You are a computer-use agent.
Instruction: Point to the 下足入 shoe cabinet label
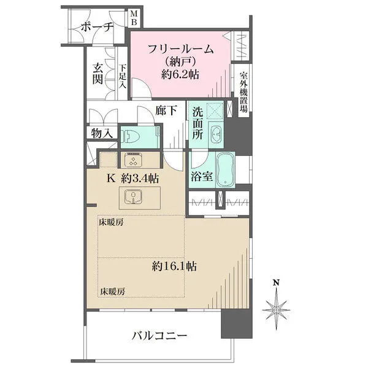tap(123, 76)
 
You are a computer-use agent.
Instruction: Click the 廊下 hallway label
tap(166, 111)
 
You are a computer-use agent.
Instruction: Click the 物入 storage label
tap(101, 132)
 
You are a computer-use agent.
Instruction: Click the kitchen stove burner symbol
tap(133, 161)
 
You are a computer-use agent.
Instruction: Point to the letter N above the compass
tap(276, 283)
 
